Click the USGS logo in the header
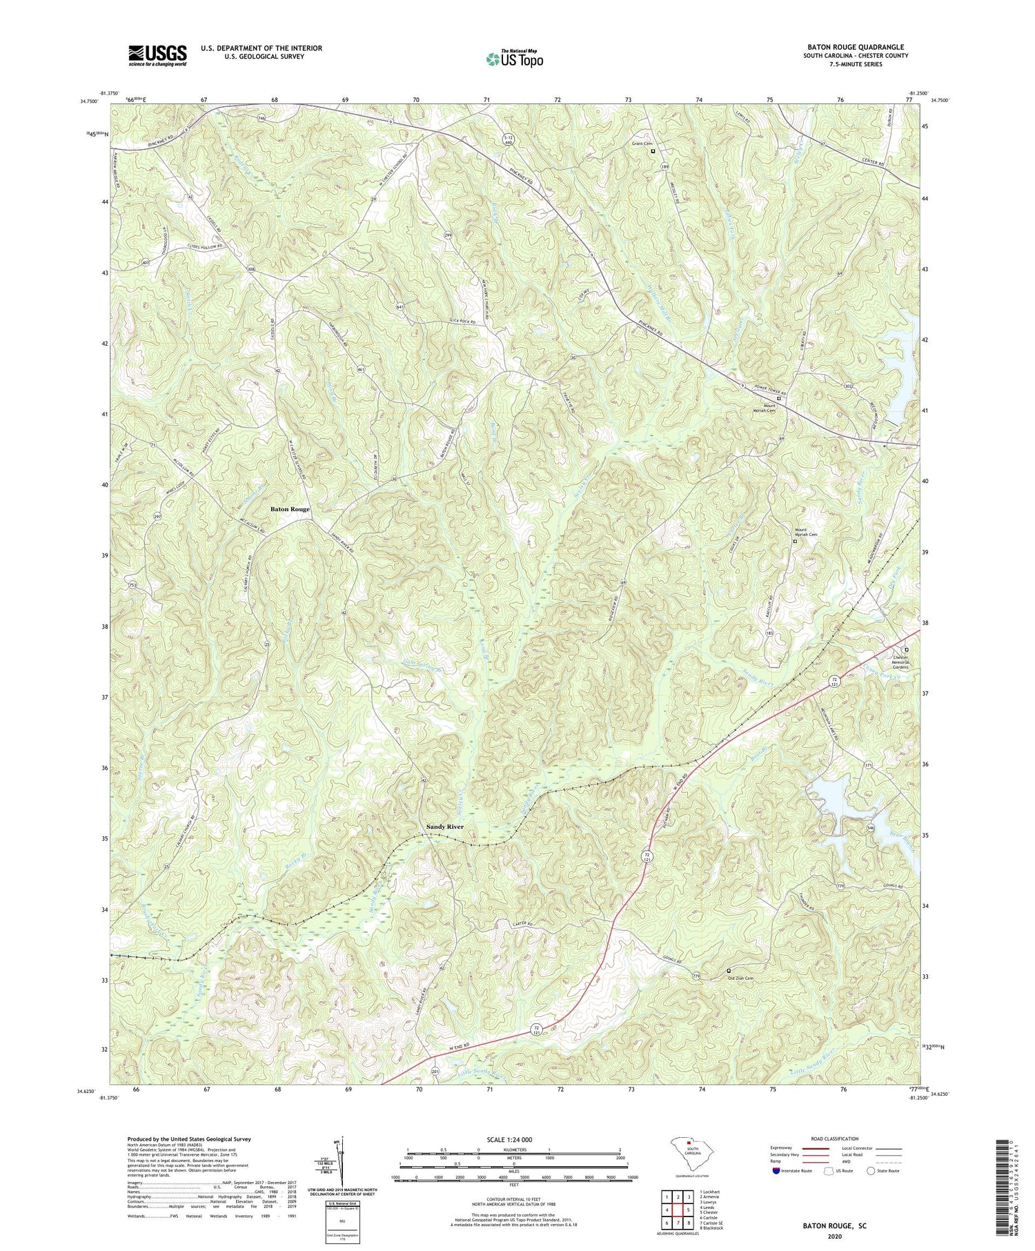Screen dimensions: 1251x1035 click(x=157, y=55)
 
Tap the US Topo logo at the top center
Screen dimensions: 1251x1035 click(x=514, y=59)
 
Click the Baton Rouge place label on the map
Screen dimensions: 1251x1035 click(x=290, y=509)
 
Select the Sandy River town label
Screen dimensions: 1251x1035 click(x=444, y=827)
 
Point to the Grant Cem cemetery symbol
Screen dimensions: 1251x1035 click(x=653, y=151)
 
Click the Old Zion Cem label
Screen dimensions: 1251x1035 click(x=740, y=978)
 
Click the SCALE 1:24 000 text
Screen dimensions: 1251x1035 click(x=513, y=1139)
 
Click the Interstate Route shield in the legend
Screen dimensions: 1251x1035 click(x=776, y=1170)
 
